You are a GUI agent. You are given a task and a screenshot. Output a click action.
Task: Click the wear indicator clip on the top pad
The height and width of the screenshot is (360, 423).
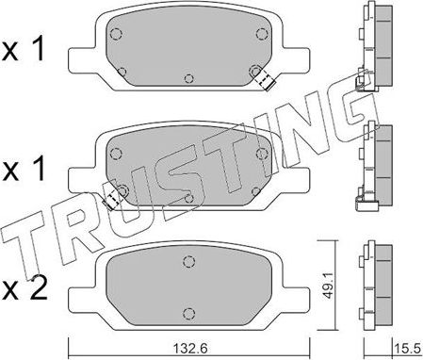(x=263, y=80)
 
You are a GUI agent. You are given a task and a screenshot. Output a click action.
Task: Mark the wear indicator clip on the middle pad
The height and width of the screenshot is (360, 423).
(x=114, y=197)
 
